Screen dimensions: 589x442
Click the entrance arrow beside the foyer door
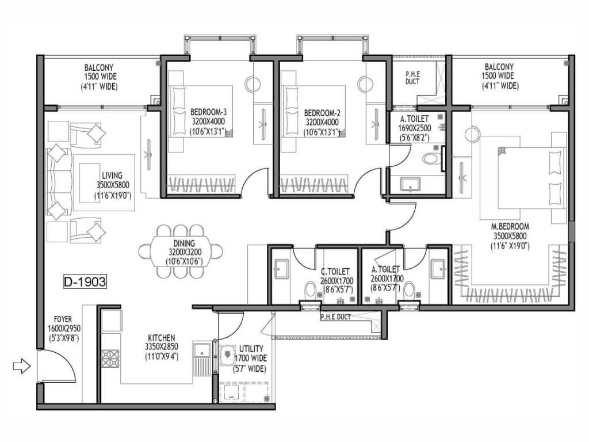coord(21,365)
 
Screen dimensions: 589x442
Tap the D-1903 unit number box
coord(85,281)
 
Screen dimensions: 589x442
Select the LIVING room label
coord(112,176)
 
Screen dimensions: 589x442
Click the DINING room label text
coord(184,243)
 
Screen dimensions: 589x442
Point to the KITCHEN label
coord(161,337)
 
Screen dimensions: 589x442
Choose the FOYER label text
coord(63,319)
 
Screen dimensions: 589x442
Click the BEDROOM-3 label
coord(208,112)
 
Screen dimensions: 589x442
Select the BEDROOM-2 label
coord(322,113)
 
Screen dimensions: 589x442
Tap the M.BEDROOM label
coord(510,227)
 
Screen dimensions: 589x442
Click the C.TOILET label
coord(335,272)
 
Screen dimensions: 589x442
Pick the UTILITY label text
coord(251,348)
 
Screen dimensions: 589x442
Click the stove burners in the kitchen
coord(110,358)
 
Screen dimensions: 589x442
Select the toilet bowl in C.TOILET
coord(311,290)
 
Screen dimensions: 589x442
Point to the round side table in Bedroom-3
coord(253,84)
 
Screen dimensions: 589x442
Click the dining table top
coord(180,251)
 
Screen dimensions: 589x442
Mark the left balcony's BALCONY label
coord(99,68)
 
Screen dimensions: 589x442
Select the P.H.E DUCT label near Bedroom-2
coord(412,78)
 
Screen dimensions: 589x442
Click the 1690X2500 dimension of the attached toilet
coord(414,128)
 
